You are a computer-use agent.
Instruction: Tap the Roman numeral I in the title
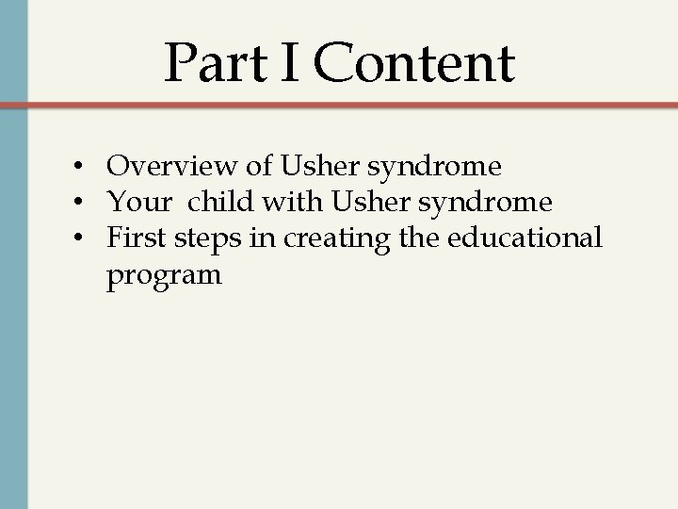292,63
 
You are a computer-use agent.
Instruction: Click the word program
164,277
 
